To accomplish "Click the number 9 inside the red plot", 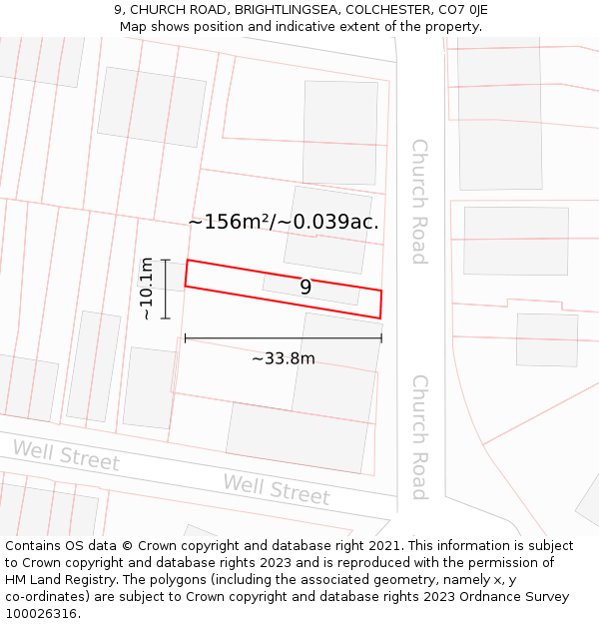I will [x=305, y=288].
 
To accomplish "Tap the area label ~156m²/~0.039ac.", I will [x=284, y=222].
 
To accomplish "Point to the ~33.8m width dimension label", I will [x=283, y=358].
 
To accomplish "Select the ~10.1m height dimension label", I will [x=147, y=289].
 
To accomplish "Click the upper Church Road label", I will [x=419, y=201].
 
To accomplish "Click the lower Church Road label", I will [x=419, y=436].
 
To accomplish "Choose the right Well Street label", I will [x=276, y=489].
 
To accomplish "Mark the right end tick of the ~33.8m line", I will [x=381, y=339].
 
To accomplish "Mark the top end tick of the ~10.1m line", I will [x=166, y=261].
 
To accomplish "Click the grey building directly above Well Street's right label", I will [x=297, y=436].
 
